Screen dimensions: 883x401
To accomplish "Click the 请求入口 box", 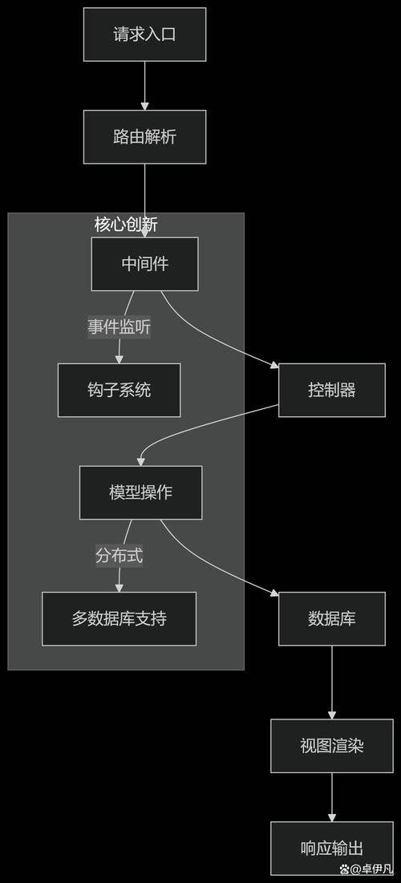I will [144, 34].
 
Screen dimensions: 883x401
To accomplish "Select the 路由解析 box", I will [144, 136].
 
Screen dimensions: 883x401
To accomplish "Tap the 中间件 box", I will [144, 264].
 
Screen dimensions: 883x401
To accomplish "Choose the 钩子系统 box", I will [119, 390].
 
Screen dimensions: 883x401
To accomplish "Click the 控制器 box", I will [331, 390].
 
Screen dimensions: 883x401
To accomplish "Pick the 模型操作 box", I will [140, 492].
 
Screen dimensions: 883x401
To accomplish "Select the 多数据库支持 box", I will [119, 618].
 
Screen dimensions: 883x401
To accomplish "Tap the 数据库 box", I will [331, 618].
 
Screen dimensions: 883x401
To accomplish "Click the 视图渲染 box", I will [331, 746].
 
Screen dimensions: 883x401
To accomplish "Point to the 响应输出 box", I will [331, 849].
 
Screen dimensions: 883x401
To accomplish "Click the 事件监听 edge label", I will [119, 327].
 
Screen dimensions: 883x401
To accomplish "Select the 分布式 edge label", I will [119, 555].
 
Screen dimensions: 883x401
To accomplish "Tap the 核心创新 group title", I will [126, 224].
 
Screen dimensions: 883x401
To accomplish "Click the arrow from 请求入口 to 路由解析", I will [144, 84].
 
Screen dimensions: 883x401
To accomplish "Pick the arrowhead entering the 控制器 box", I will [274, 366].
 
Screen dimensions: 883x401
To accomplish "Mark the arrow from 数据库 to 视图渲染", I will [331, 682].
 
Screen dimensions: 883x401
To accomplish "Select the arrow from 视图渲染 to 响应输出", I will [331, 797].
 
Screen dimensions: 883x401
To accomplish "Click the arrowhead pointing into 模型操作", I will [141, 461].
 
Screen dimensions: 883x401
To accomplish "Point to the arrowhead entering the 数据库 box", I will [274, 594].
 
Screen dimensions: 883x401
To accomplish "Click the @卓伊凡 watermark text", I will [368, 869].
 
